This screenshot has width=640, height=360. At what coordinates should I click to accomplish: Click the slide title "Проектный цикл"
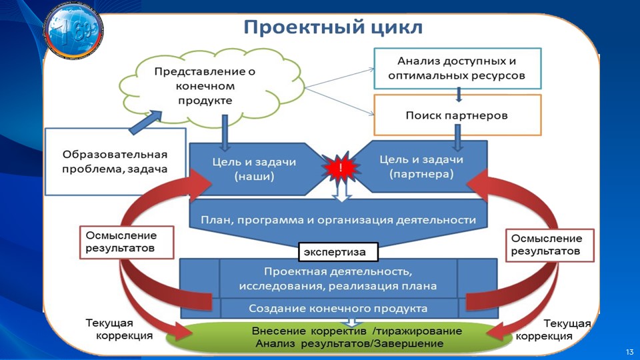pos(333,28)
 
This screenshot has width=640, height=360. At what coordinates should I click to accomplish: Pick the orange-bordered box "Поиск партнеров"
pos(457,115)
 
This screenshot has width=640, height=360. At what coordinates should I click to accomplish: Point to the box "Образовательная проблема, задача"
pos(115,161)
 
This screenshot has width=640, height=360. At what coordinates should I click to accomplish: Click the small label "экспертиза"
pos(337,253)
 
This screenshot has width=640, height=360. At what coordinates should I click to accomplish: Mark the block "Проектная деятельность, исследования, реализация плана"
pos(339,278)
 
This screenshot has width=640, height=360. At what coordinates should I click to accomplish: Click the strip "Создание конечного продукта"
pos(339,308)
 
